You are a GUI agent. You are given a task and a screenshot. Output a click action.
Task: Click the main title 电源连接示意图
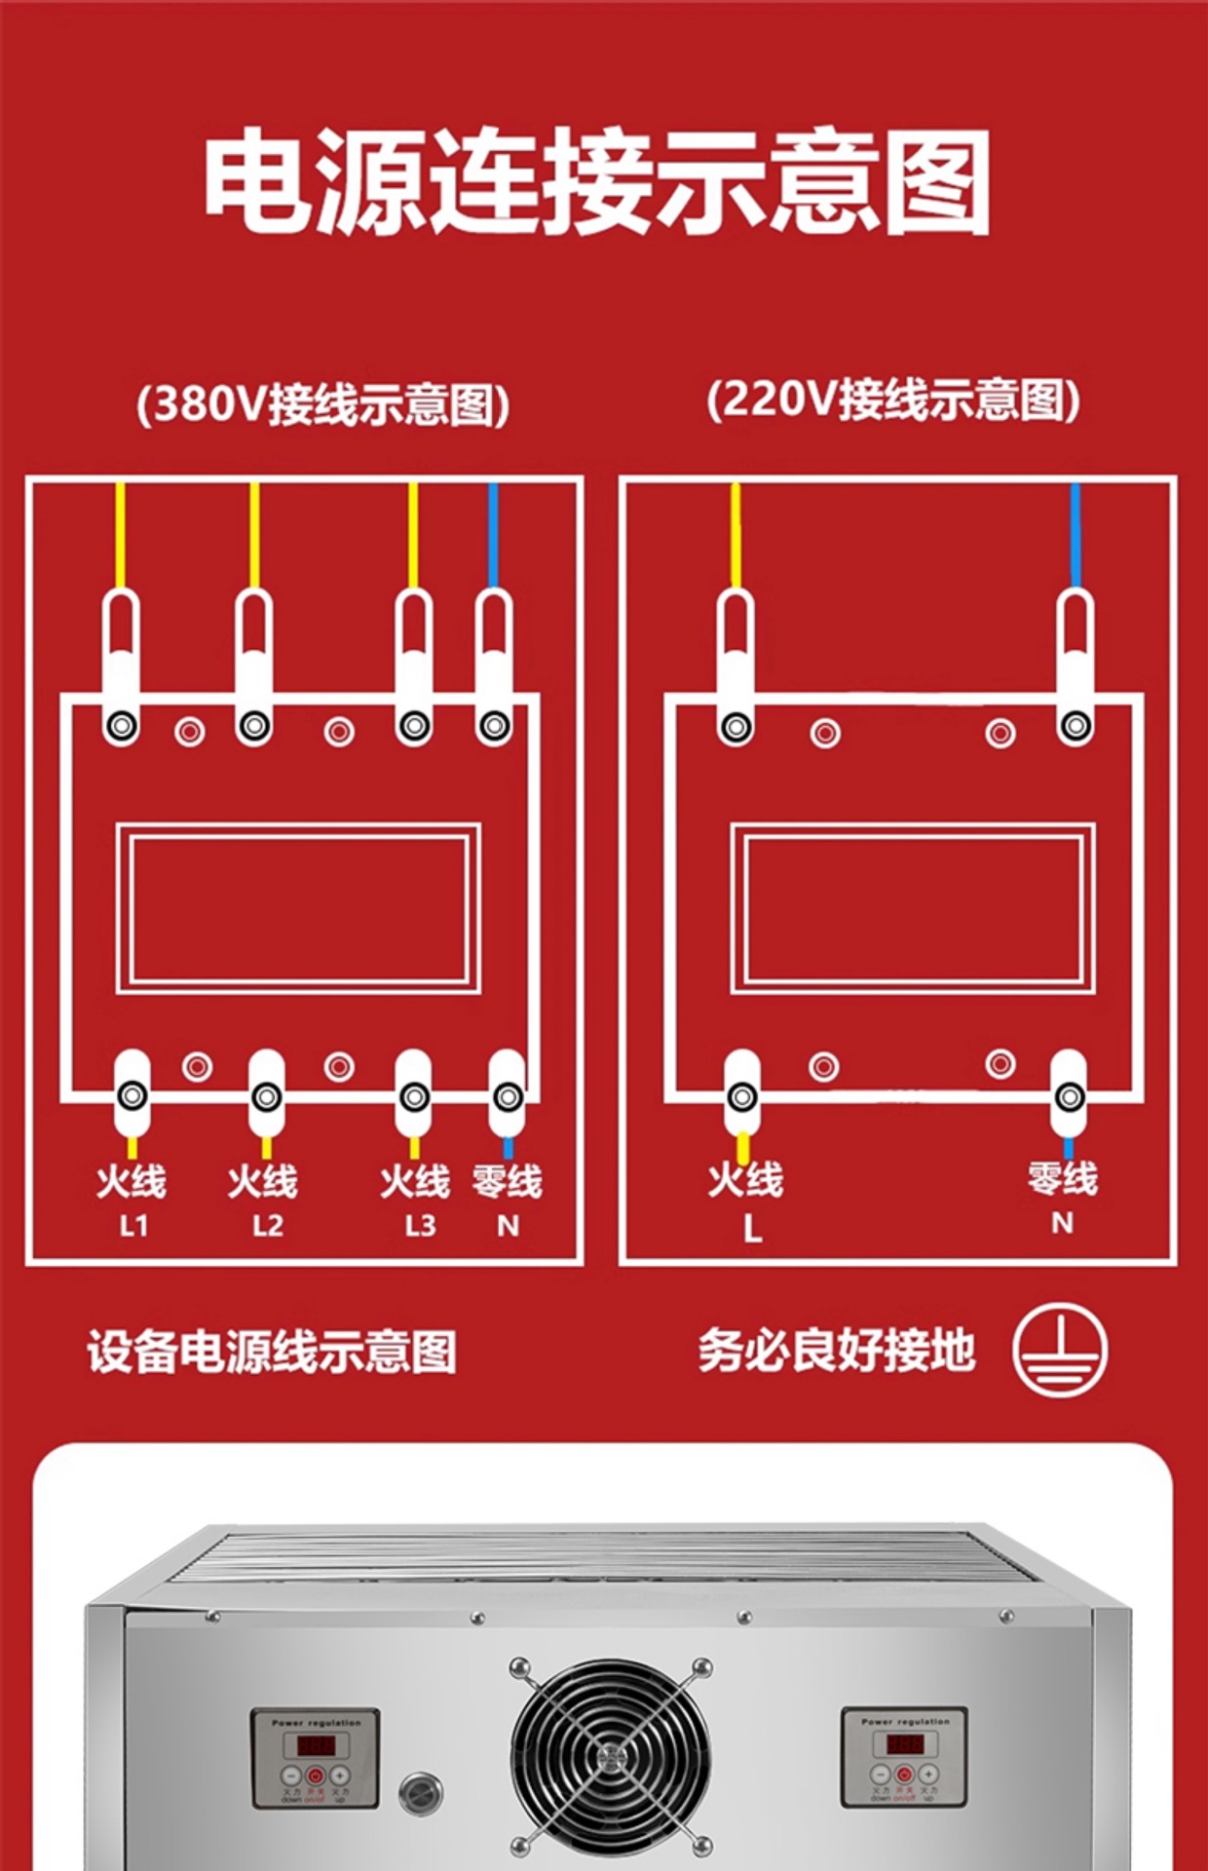[x=596, y=182]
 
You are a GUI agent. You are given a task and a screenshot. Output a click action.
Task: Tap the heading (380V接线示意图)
[x=322, y=403]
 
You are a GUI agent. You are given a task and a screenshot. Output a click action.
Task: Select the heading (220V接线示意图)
[x=892, y=400]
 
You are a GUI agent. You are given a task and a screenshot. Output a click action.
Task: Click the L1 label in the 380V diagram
[x=133, y=1225]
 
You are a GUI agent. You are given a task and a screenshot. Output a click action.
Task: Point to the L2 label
[x=267, y=1225]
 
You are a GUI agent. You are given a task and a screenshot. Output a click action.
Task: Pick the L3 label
[x=420, y=1225]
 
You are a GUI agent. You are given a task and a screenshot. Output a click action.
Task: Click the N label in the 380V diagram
[x=508, y=1225]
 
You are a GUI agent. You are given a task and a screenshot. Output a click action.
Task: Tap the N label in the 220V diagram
[x=1062, y=1222]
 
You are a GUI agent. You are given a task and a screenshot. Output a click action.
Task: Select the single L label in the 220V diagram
[x=751, y=1229]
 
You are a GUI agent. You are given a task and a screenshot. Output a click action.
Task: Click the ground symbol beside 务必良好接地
[x=1059, y=1350]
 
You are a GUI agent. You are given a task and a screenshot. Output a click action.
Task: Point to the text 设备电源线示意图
[x=272, y=1352]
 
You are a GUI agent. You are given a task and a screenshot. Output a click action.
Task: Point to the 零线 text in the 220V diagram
[x=1062, y=1178]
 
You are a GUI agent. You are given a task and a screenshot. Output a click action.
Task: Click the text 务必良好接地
[x=836, y=1351]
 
